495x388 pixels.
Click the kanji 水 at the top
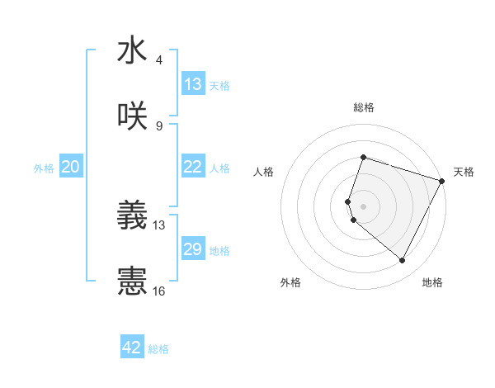[x=132, y=51]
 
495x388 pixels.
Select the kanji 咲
[x=132, y=117]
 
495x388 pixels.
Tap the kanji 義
[x=132, y=216]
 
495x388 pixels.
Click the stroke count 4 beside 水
[x=159, y=59]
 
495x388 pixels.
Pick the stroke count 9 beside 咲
[x=159, y=125]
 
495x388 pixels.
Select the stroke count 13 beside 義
[x=159, y=225]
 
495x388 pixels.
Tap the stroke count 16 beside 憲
[x=159, y=291]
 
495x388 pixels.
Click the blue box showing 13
[x=192, y=84]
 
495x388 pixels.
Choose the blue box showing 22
[x=192, y=167]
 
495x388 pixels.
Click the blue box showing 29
[x=192, y=249]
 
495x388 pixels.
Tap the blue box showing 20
[x=70, y=167]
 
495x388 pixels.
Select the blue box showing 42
[x=132, y=348]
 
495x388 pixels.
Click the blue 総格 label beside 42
[x=158, y=349]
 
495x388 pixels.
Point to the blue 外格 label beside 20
[x=44, y=168]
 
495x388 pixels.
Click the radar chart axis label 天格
[x=464, y=172]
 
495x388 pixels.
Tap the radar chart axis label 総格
[x=364, y=107]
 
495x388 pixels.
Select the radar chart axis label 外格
[x=290, y=282]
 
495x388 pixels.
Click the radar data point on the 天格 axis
[x=442, y=181]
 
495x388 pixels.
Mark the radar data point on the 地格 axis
[x=402, y=261]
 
